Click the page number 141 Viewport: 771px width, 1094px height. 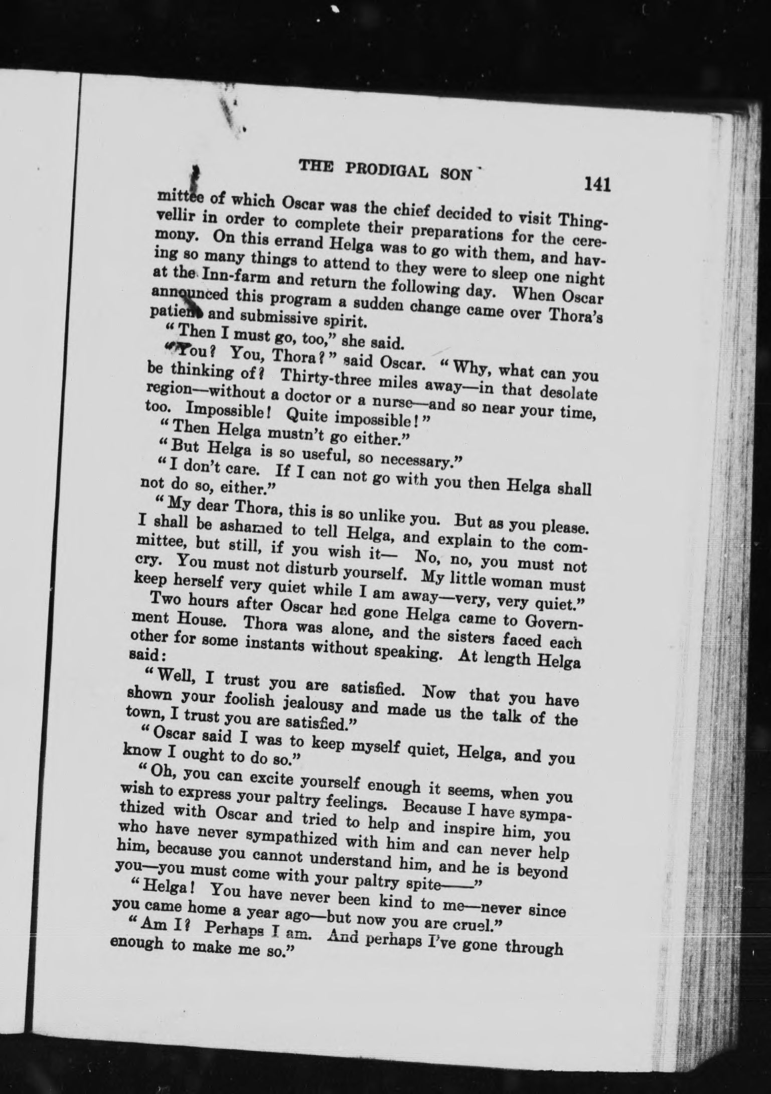point(596,184)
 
